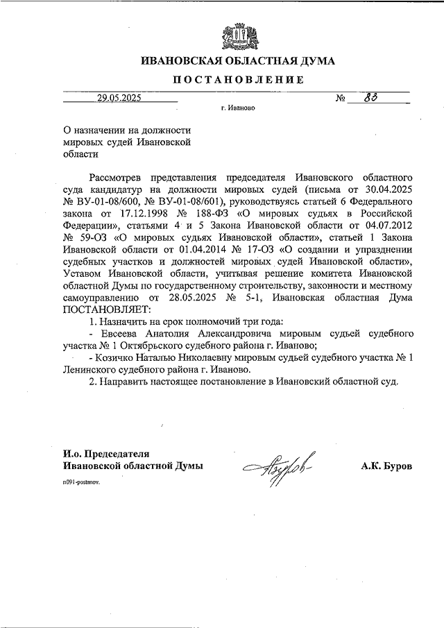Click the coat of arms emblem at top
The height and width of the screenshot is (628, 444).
tap(238, 35)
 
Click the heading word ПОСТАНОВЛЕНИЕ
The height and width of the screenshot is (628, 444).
tap(238, 80)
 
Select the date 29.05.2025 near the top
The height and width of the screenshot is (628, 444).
tap(119, 98)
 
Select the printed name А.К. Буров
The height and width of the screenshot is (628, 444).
tap(386, 466)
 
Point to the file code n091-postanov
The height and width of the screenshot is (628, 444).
tap(80, 480)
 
